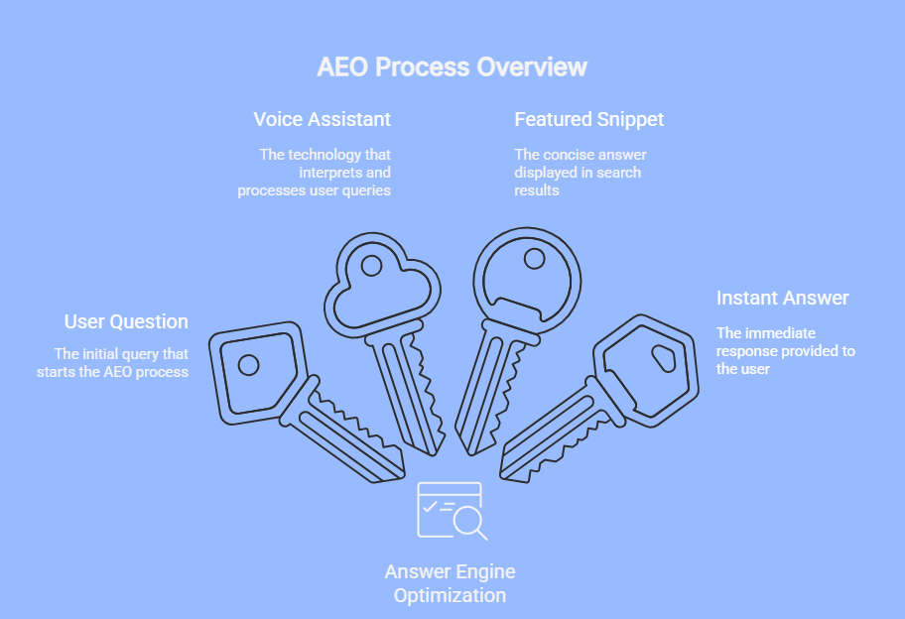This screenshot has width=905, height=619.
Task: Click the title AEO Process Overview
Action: pyautogui.click(x=452, y=67)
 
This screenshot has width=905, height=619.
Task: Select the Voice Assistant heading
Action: pyautogui.click(x=322, y=119)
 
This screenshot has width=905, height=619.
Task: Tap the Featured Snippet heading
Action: pyautogui.click(x=588, y=119)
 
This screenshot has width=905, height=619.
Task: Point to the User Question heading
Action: pyautogui.click(x=126, y=321)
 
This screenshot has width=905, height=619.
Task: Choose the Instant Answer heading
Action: pyautogui.click(x=783, y=298)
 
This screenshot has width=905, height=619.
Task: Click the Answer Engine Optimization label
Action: pyautogui.click(x=450, y=583)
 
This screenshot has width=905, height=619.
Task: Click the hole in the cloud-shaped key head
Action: pyautogui.click(x=371, y=266)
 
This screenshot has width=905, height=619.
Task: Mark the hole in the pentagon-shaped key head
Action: pyautogui.click(x=248, y=364)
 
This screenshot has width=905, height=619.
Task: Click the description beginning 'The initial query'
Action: pyautogui.click(x=121, y=362)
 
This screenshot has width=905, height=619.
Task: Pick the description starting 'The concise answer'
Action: pyautogui.click(x=580, y=172)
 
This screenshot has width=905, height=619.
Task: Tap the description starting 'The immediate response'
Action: pyautogui.click(x=785, y=350)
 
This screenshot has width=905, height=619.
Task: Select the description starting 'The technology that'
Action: pyautogui.click(x=316, y=172)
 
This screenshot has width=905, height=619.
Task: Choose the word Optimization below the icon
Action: pyautogui.click(x=450, y=595)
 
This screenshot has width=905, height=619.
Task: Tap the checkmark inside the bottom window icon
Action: pyautogui.click(x=430, y=507)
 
